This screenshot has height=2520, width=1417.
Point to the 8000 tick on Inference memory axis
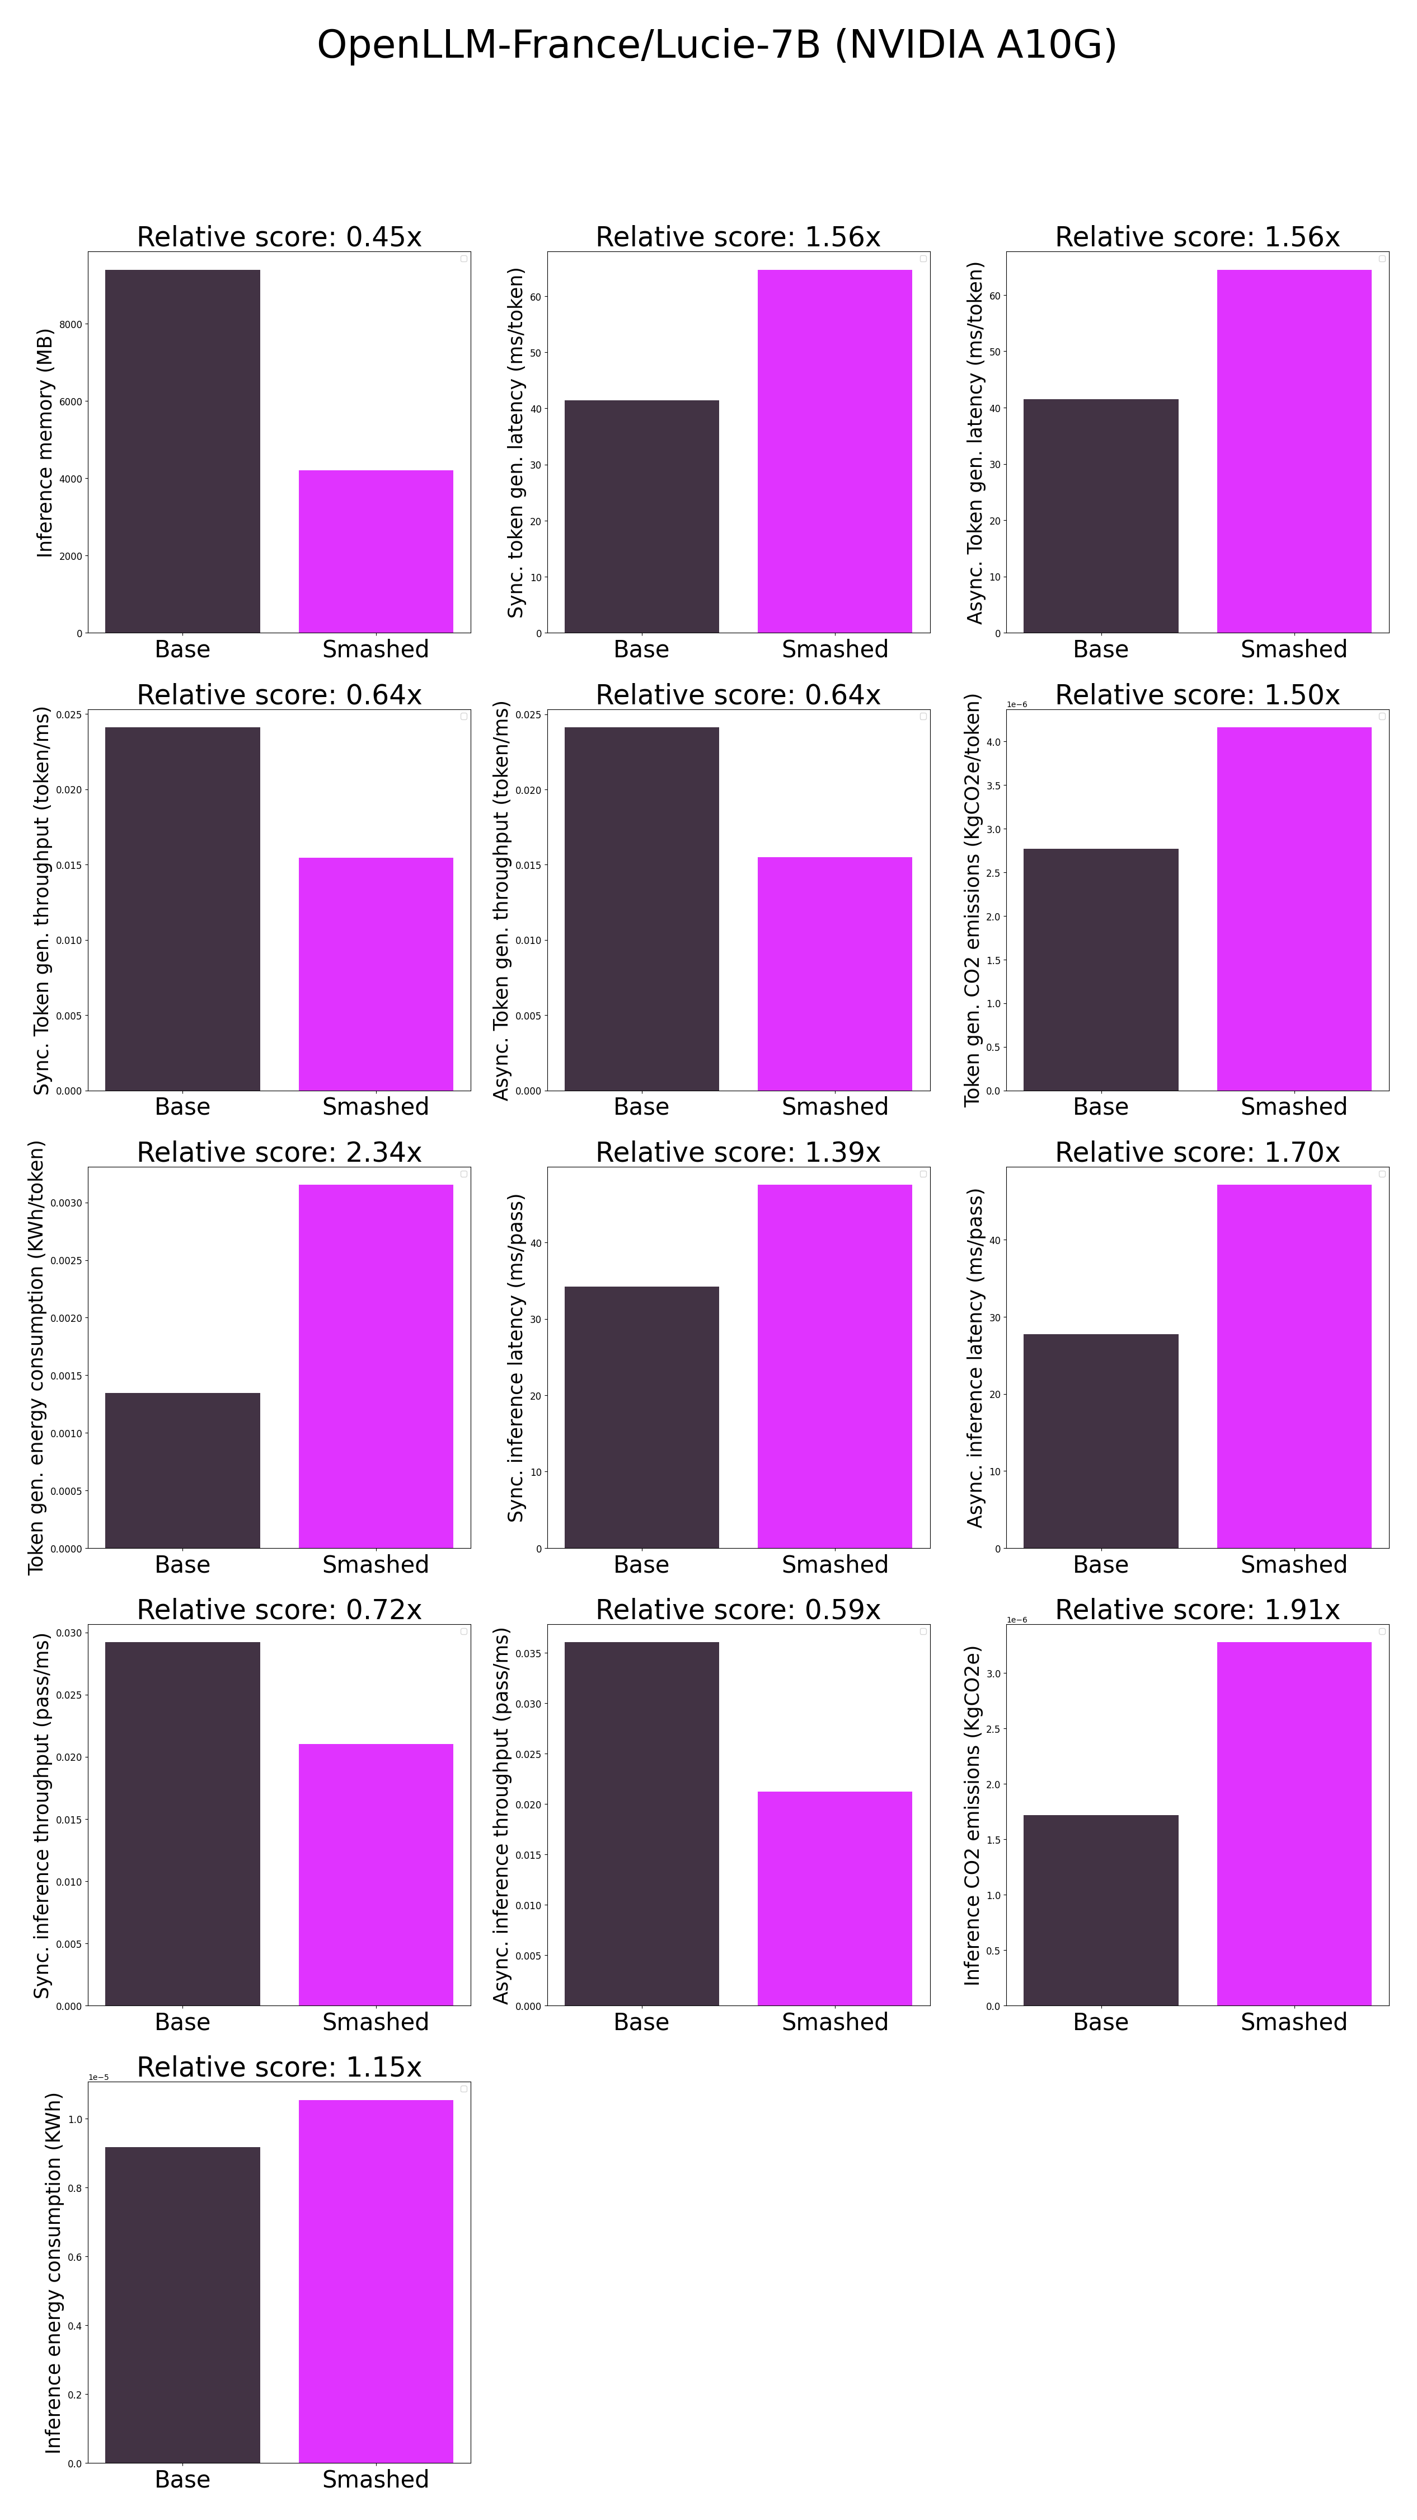[x=72, y=325]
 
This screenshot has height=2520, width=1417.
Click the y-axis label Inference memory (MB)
[x=44, y=443]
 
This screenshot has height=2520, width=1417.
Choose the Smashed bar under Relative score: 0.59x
[x=834, y=1898]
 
